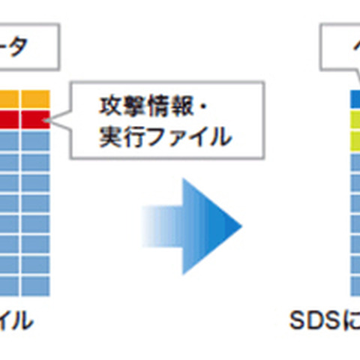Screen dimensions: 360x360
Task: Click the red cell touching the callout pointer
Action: coord(35,119)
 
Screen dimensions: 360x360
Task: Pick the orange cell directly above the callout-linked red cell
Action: coord(35,100)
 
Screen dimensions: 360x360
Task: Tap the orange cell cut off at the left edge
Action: coord(7,100)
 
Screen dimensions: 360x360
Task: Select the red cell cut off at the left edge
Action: coord(7,119)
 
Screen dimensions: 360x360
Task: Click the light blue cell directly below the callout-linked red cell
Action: coord(35,139)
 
